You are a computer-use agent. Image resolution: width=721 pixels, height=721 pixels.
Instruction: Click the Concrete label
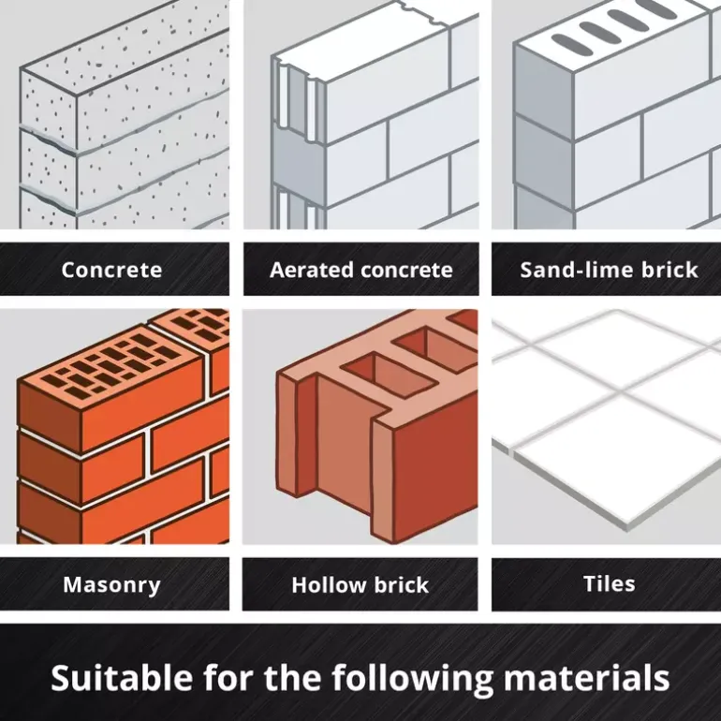tap(111, 270)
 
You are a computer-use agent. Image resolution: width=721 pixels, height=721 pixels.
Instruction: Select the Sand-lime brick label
tap(609, 270)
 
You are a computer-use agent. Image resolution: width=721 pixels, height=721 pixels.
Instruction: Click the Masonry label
tap(111, 585)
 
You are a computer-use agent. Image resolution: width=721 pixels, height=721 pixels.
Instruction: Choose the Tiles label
tap(610, 584)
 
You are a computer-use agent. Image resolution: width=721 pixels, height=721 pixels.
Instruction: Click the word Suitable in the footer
tap(122, 678)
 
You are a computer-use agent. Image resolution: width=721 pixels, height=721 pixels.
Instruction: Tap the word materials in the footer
tap(586, 678)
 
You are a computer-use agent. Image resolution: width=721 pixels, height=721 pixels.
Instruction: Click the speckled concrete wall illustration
tap(114, 114)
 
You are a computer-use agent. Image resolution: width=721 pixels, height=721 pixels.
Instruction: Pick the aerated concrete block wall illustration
tap(360, 114)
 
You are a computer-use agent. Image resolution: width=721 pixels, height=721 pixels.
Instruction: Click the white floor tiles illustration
tap(607, 427)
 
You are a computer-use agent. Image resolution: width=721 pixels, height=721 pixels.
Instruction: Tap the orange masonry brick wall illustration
tap(114, 427)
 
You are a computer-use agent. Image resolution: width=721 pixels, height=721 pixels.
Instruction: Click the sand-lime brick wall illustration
tap(607, 114)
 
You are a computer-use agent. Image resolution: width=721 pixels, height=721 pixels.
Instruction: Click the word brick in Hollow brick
tap(402, 585)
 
